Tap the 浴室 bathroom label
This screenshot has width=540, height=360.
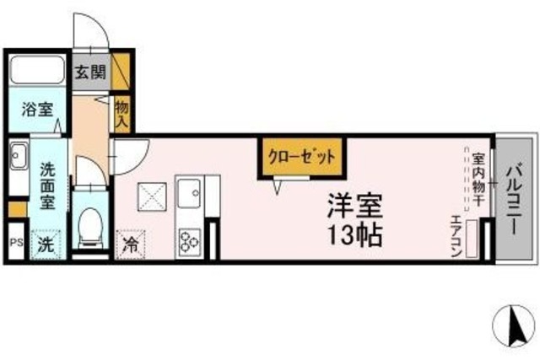pos(36,110)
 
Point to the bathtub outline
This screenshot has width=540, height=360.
pos(36,71)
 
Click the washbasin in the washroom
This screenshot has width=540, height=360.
pos(19,156)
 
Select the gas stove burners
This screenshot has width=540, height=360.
pos(187,240)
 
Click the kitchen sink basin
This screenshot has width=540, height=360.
pos(188,191)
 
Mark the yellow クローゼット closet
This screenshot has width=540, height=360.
pos(302,156)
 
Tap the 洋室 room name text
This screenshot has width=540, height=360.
pos(357,204)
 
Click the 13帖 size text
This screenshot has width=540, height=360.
pos(358,233)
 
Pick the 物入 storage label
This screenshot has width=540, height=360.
pos(121,113)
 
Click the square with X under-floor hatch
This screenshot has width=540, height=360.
pos(154,200)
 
